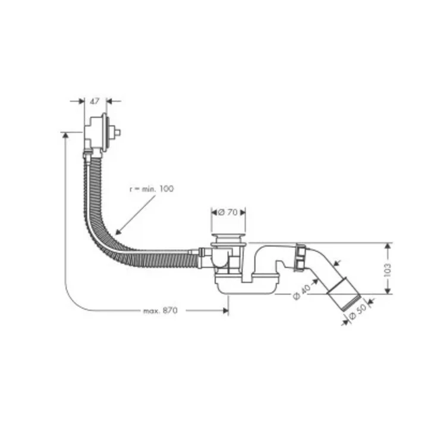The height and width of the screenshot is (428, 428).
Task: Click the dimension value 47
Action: click(x=95, y=101)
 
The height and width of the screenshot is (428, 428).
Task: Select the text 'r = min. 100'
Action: click(x=152, y=188)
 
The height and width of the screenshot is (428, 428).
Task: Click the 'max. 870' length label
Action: click(x=160, y=311)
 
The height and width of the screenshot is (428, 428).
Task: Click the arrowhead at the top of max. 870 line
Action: click(x=64, y=135)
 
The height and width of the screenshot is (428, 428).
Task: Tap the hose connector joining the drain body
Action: click(x=204, y=257)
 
